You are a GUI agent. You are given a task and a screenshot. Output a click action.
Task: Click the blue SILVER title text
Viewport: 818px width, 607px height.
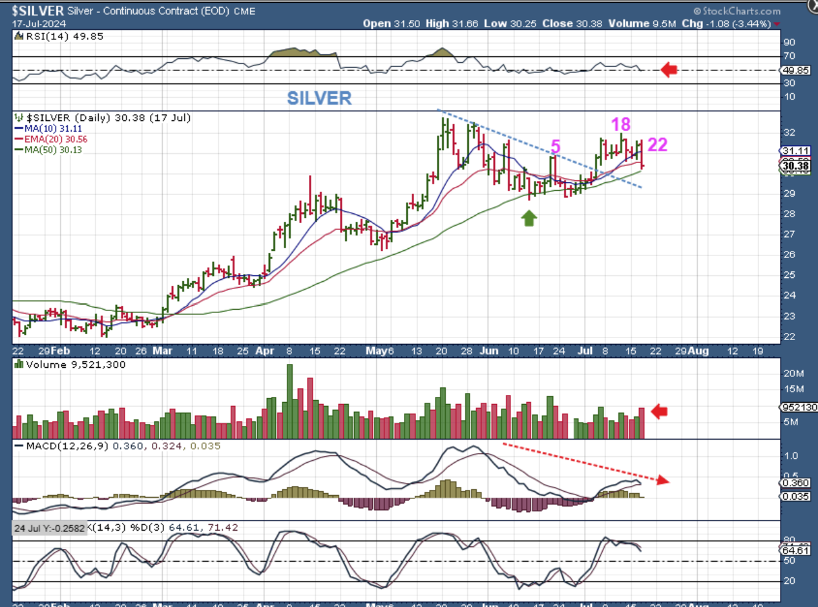coord(319,98)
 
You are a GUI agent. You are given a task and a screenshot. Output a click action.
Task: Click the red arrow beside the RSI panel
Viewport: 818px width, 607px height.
coord(669,70)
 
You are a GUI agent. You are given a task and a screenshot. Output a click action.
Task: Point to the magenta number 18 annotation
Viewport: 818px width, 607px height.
coord(621,125)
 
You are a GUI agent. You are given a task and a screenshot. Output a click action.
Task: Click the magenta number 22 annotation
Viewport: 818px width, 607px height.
coord(657,145)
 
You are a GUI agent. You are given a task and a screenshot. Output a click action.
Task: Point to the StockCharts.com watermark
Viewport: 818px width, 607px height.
coord(737,11)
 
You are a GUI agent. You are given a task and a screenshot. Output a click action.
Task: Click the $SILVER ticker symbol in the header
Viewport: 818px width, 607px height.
coord(37,10)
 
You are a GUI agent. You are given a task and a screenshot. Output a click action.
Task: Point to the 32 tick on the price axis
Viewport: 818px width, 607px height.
coord(788,133)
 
